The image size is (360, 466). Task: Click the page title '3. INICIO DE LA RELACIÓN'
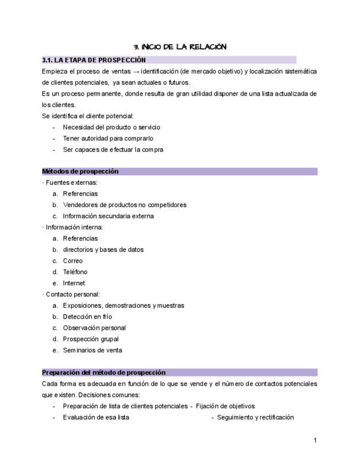tap(180, 47)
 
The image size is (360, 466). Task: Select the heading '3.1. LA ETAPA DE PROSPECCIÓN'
tap(94, 60)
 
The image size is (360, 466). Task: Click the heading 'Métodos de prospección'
tap(80, 171)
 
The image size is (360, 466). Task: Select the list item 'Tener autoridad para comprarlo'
tap(108, 138)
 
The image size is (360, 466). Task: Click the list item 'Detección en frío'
tap(88, 317)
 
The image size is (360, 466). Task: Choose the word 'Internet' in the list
tap(74, 283)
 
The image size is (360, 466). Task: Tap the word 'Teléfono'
tap(75, 272)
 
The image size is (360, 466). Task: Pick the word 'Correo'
tap(73, 260)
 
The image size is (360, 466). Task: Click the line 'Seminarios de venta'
tap(92, 350)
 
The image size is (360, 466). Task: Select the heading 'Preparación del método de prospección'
tap(104, 373)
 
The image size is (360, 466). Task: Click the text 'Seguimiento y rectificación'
tap(255, 417)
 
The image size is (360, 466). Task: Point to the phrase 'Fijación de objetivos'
tap(225, 406)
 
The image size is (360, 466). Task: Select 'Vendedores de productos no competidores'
tap(124, 205)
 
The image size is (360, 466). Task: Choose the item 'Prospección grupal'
tap(91, 339)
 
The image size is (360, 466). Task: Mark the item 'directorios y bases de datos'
tap(103, 249)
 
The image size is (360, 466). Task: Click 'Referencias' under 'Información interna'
tap(80, 238)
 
